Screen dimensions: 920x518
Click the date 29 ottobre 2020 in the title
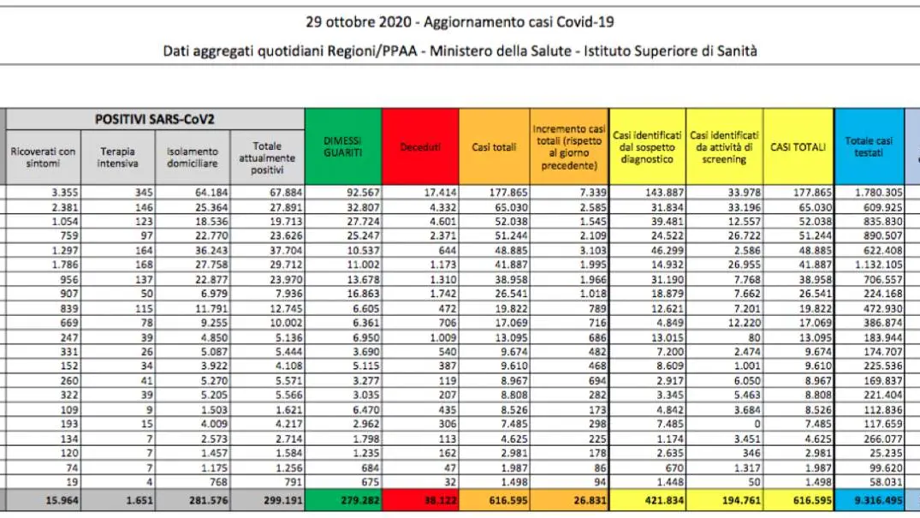tap(359, 22)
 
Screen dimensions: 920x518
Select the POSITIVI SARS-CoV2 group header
tap(155, 119)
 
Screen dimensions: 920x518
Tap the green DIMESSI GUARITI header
tap(343, 146)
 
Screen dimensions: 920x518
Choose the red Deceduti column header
tap(420, 146)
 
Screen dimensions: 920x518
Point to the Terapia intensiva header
tap(117, 158)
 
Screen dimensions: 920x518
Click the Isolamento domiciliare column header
tap(193, 158)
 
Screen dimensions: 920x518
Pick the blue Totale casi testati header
tap(869, 146)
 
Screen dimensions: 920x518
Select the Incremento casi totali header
tap(569, 146)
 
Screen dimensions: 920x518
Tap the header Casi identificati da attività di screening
tap(724, 146)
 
